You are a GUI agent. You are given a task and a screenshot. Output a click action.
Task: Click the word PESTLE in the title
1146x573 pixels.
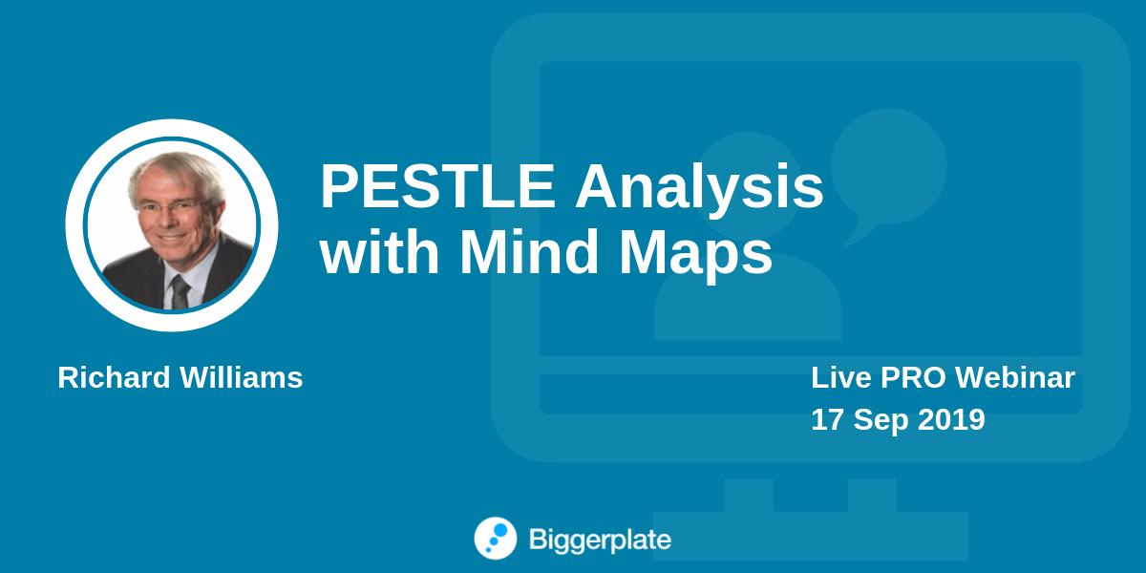[x=438, y=186]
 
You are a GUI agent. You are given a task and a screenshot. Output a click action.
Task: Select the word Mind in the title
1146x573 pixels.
[x=529, y=251]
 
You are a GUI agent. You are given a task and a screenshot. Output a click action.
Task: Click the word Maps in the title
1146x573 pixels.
[x=696, y=257]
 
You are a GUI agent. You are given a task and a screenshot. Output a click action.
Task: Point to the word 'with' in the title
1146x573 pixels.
[x=379, y=251]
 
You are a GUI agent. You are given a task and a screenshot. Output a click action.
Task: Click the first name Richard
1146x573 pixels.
[x=114, y=377]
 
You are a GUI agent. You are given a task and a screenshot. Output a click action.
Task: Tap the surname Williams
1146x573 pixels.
[x=241, y=377]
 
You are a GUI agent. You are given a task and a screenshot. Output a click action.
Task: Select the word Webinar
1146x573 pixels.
[x=1015, y=377]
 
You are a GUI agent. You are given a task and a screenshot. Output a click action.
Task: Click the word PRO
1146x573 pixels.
[x=913, y=377]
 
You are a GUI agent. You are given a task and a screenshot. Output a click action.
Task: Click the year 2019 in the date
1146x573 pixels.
[x=951, y=419]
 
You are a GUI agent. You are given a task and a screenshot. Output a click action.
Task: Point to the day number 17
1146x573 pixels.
[x=827, y=419]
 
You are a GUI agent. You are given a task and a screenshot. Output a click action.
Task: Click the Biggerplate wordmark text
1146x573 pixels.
[x=600, y=541]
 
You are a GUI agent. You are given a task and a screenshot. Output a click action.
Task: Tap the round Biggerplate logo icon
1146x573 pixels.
[x=496, y=539]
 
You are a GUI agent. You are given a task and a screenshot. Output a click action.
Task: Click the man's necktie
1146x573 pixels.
[x=180, y=292]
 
